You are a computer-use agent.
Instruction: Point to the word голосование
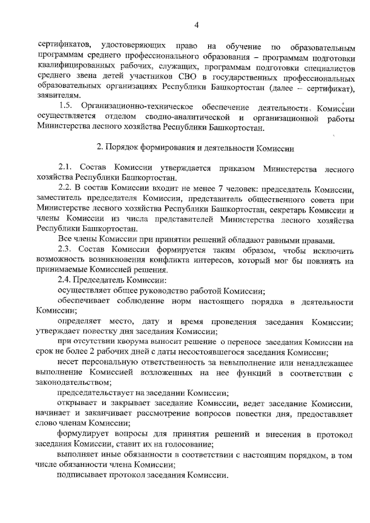coord(193,444)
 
